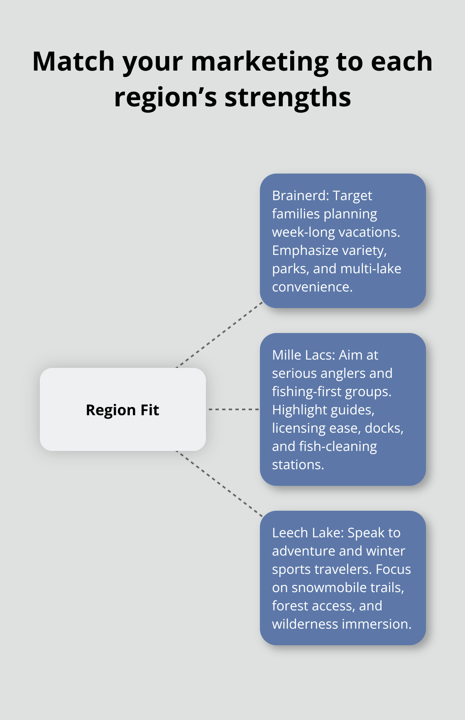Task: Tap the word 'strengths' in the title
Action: pos(288,98)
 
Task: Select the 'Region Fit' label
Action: pos(122,410)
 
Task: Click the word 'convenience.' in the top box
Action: pos(312,287)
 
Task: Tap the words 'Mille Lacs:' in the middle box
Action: pos(303,355)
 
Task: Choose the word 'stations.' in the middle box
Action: pos(298,465)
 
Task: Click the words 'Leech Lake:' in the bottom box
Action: pos(308,533)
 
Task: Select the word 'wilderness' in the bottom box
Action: pos(305,624)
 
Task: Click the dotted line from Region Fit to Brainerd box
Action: pos(220,335)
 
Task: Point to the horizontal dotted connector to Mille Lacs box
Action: pos(233,409)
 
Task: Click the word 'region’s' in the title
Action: pos(166,98)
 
